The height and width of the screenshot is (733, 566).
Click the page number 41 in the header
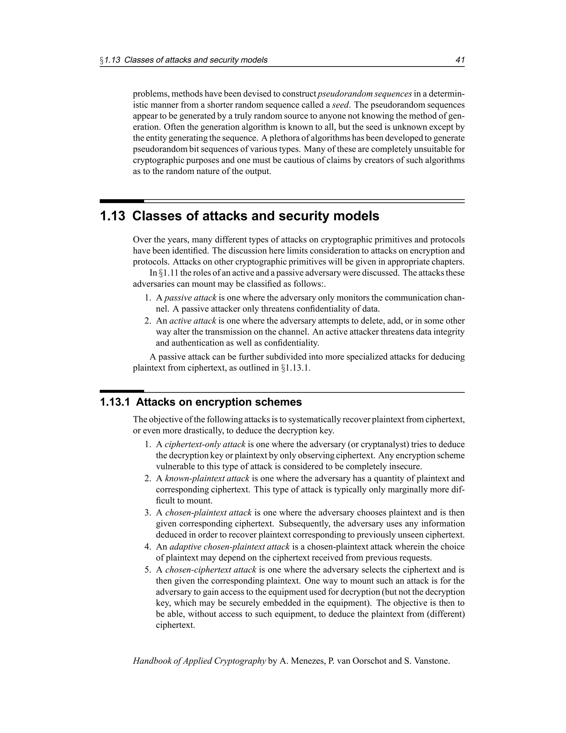(460, 60)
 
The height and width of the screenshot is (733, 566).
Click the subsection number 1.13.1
(115, 402)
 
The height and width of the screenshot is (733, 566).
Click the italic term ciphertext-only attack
(205, 445)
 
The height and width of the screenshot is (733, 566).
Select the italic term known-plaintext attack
(207, 478)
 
